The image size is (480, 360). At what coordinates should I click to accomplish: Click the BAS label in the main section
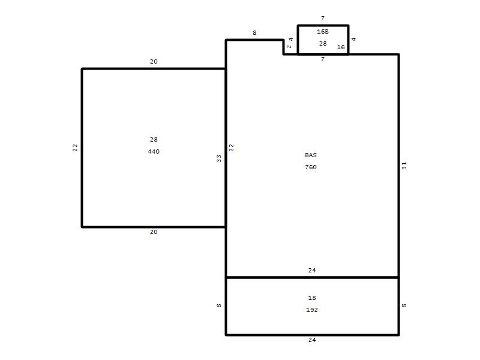coord(311,155)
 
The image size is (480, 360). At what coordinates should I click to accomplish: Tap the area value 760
coord(311,167)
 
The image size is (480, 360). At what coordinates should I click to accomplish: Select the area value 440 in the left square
coord(154,152)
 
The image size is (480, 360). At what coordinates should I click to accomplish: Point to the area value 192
coord(312,310)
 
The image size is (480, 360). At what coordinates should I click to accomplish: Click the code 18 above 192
coord(312,298)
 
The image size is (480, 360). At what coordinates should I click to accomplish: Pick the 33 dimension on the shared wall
coord(218,158)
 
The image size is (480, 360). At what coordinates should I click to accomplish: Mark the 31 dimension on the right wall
coord(404,166)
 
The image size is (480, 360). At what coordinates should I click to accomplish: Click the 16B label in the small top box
coord(323,32)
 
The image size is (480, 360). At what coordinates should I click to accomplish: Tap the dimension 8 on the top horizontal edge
coord(254,33)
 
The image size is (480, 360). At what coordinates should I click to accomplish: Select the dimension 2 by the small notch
coord(289,47)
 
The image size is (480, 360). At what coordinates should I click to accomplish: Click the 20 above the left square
coord(154,62)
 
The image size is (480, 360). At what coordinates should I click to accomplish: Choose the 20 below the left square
coord(154,232)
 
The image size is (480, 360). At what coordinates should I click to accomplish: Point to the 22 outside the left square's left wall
coord(75,148)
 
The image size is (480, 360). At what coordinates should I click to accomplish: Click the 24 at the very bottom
coord(312,340)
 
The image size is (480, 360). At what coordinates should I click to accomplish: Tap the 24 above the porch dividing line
coord(312,271)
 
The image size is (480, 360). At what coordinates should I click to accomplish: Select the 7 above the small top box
coord(323,19)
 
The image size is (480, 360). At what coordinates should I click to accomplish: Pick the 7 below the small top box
coord(323,59)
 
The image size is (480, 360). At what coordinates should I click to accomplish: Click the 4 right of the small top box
coord(353,39)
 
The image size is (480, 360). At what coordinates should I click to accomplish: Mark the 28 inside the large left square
coord(154,140)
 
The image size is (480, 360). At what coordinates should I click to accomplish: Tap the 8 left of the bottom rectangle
coord(218,305)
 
